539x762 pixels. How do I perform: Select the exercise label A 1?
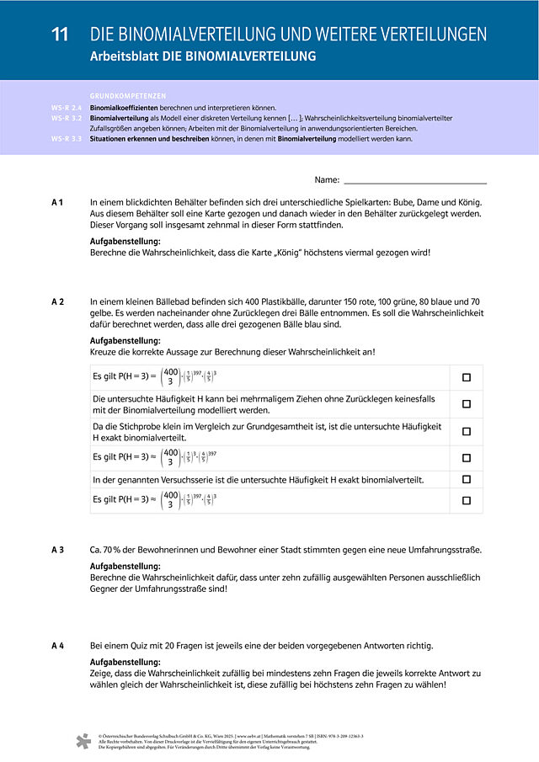(57, 202)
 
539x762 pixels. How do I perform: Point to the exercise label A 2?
(57, 301)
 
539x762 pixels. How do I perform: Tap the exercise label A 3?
(57, 550)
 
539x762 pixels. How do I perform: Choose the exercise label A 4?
(57, 646)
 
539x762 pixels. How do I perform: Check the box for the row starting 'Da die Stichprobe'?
(466, 431)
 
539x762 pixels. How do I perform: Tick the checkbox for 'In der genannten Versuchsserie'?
(466, 479)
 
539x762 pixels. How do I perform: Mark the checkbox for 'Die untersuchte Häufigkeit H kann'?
(466, 404)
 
